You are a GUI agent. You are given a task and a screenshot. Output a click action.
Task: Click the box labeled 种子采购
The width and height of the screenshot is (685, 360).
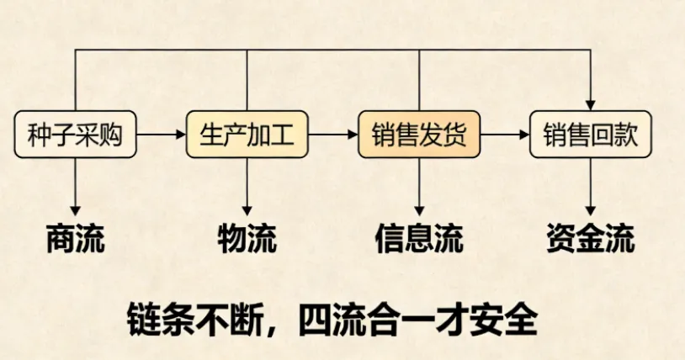point(76,134)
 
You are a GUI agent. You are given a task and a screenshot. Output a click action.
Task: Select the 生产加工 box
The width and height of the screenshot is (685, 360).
point(247,134)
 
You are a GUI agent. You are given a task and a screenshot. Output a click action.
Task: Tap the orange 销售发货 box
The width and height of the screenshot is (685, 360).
point(419,134)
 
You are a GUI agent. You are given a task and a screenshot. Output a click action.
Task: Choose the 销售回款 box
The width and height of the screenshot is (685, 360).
point(591,134)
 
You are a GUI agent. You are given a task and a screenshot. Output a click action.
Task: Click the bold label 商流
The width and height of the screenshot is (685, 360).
point(76,239)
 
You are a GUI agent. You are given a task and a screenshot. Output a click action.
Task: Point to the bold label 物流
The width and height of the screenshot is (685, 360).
point(247,239)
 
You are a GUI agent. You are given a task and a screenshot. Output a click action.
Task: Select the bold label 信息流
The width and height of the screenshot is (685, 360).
point(419,239)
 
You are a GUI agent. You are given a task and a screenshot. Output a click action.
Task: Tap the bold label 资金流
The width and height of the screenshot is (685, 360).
point(591,239)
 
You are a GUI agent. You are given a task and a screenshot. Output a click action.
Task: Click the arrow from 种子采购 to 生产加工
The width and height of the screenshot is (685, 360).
point(161,134)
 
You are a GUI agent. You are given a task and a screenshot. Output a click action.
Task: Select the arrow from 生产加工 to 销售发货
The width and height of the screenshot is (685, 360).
point(332,134)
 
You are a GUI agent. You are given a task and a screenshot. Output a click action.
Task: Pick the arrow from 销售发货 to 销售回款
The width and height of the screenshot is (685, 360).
point(504,134)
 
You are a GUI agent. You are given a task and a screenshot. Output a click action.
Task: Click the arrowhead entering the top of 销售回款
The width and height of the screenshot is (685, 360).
point(591,103)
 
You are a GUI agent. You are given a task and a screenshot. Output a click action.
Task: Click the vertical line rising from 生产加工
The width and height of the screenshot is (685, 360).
point(247,80)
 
